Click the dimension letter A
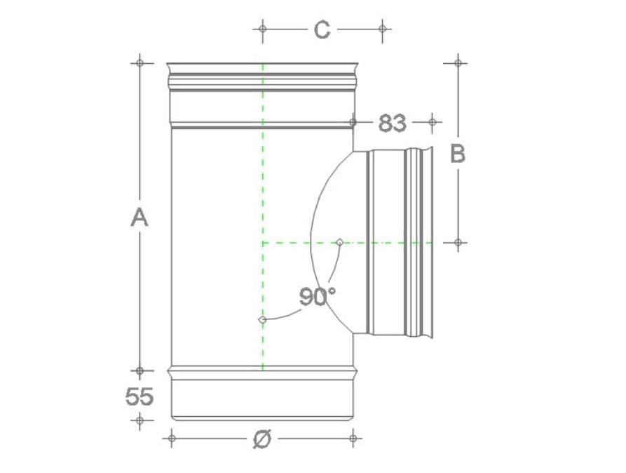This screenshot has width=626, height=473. tap(140, 218)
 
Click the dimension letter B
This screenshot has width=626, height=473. tap(458, 154)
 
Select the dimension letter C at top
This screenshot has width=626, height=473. tap(322, 29)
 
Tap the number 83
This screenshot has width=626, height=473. tap(392, 123)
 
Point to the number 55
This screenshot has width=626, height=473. tap(140, 397)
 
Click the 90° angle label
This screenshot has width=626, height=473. tap(318, 296)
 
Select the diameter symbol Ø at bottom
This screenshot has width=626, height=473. tap(262, 439)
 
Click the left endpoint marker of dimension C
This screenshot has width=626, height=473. tap(262, 29)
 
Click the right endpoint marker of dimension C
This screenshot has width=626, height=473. tap(383, 29)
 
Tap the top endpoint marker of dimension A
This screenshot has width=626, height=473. tap(140, 62)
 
